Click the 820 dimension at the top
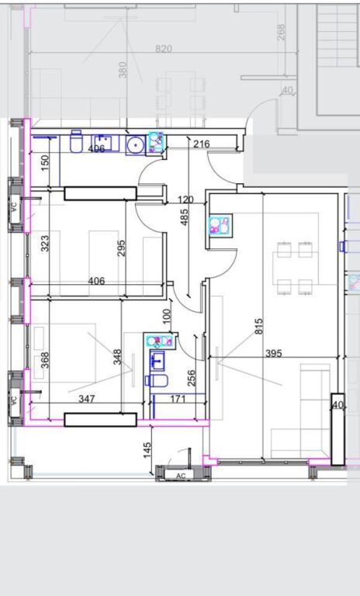tap(163, 49)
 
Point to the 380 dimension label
tap(123, 70)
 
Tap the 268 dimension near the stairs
tap(281, 31)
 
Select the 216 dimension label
tap(202, 144)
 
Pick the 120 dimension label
tap(185, 200)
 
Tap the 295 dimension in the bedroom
tap(122, 248)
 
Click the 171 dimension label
tap(178, 399)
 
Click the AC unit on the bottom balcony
tap(180, 475)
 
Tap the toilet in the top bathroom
tap(77, 143)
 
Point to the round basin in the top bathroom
tap(135, 145)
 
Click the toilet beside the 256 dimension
tap(157, 380)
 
